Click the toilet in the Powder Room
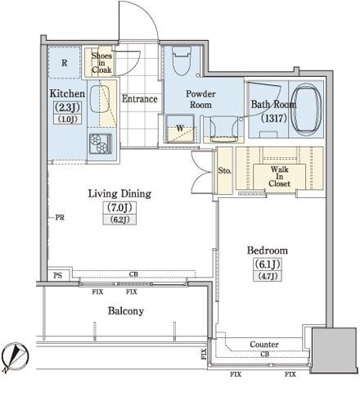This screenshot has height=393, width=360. tap(182, 61)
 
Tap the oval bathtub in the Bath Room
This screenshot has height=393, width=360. tap(306, 109)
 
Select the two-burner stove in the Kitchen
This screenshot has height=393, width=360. tap(101, 143)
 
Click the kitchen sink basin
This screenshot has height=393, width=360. tap(100, 99)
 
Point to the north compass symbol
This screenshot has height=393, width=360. tap(15, 357)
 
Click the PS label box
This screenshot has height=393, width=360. tap(57, 275)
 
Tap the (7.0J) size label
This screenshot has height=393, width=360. tap(119, 208)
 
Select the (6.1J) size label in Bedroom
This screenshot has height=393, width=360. tap(268, 264)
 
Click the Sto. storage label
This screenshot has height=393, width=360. tap(225, 171)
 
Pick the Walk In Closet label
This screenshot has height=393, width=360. tap(279, 176)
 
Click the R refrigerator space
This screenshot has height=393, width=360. tap(65, 62)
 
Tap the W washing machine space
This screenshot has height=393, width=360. tap(180, 129)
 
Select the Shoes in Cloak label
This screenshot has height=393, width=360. tap(101, 63)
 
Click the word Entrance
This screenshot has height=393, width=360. tap(140, 99)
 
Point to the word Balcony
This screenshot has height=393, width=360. tap(126, 311)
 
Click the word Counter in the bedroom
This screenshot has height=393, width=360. tap(264, 345)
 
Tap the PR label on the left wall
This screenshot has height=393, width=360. tap(60, 218)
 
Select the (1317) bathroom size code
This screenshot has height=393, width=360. tap(274, 118)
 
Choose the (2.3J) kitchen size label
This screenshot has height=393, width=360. tap(67, 107)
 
